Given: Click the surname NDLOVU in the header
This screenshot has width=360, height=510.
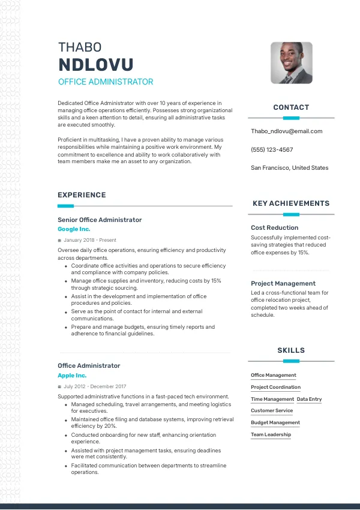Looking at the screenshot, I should coord(95,65).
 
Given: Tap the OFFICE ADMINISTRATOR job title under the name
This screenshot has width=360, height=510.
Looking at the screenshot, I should coord(106,82).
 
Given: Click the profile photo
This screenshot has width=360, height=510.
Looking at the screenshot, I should coord(292,62).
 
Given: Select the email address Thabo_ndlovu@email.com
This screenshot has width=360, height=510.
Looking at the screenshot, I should coord(286,131).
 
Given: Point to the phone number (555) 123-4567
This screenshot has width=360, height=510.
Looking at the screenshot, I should coord(272,149).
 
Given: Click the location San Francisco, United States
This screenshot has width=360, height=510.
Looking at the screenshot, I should coord(289,168).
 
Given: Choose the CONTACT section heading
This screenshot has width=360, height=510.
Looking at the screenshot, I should coord(291,107).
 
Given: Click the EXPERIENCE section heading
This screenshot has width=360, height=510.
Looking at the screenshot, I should coord(82,195).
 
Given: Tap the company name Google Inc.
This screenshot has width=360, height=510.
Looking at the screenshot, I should coord(74,229).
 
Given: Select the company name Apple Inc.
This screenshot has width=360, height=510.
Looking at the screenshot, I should coord(72,376).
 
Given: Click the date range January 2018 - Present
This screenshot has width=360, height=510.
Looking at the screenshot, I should coord(89,240).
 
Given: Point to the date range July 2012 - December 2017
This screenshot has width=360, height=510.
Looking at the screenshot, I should coord(95,386).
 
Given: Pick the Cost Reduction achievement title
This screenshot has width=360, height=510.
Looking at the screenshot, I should coord(274,227).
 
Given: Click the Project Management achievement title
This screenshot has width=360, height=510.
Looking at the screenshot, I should coord(283,283).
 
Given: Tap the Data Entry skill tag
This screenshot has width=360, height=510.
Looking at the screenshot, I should coord(309,399).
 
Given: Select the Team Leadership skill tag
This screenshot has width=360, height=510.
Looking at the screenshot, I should coord(271,434).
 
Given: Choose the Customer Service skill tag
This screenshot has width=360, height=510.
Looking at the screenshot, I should coord(272,411).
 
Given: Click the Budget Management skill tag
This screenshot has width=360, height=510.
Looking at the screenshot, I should coord(275,422).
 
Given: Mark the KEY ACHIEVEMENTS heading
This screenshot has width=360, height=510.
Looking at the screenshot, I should coord(291,203).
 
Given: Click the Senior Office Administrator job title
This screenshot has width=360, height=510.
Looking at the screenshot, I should coord(100,220).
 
